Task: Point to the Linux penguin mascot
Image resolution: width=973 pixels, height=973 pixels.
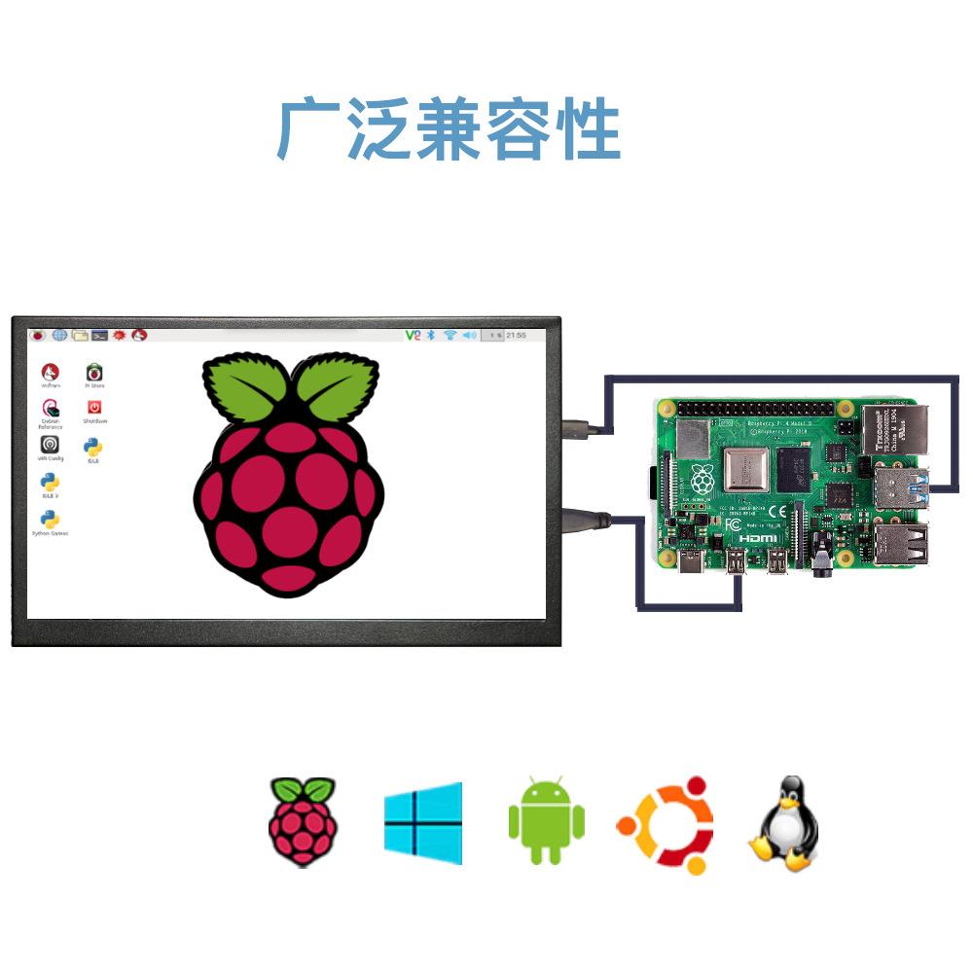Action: click(784, 823)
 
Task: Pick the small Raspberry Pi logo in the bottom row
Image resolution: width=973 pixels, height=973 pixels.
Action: click(303, 821)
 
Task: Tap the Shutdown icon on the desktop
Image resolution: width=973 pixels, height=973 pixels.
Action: click(94, 410)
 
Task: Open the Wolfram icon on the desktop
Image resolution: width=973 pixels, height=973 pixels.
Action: click(50, 374)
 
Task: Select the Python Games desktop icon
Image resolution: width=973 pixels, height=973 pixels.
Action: click(50, 521)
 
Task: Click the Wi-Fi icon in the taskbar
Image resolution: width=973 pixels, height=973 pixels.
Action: click(450, 335)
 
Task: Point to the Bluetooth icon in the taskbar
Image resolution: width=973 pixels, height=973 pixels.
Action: click(431, 335)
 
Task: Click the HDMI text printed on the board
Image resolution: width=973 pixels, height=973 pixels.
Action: click(757, 538)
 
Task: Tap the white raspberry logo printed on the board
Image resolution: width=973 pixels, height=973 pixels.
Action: click(702, 479)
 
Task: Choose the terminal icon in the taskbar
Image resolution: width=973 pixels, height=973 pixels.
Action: click(99, 335)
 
